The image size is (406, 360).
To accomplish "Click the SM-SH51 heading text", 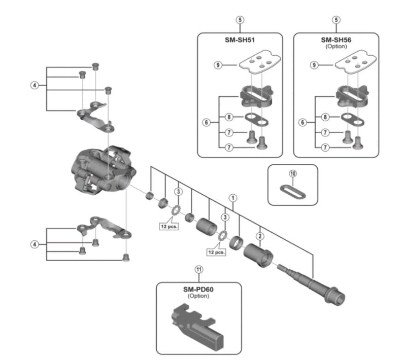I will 239,40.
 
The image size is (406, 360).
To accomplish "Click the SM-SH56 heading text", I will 335,40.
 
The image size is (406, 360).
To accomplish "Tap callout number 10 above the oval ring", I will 292,173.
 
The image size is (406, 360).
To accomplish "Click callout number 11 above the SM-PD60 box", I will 198,270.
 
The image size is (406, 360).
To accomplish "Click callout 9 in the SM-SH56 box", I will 315,65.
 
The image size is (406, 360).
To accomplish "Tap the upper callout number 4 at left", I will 34,85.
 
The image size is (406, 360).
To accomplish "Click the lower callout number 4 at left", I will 34,244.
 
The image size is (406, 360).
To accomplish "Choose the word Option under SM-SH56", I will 335,46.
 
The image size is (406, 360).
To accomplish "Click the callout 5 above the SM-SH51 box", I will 239,20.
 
